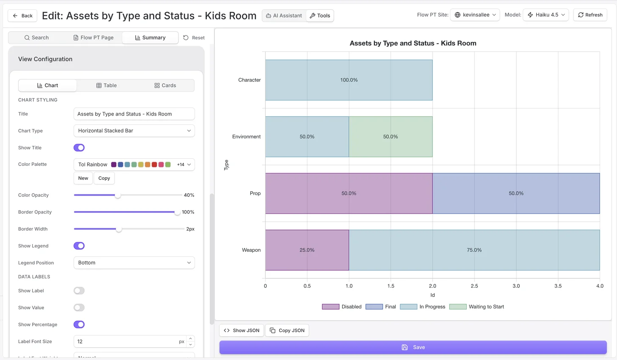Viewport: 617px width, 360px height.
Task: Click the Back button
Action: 22,16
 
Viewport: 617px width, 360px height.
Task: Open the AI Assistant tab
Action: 284,16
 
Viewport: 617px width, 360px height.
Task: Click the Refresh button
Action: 590,15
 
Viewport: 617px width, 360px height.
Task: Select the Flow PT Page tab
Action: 93,38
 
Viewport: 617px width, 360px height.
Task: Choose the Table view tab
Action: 106,85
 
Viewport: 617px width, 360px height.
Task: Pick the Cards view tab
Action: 165,85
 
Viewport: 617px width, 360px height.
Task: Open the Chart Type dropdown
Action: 134,131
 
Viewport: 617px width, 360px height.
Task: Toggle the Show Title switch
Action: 79,148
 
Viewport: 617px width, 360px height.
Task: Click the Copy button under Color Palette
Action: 104,178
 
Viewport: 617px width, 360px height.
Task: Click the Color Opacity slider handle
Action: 118,195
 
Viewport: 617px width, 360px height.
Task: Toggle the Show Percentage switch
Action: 79,324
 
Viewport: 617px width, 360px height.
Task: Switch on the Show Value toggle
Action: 79,308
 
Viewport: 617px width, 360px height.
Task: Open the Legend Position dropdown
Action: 134,263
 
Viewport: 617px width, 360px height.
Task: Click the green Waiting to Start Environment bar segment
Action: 390,137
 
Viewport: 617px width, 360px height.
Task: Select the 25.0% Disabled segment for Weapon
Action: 307,250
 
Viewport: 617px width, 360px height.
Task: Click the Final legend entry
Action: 381,307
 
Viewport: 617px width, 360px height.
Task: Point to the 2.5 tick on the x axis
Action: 474,286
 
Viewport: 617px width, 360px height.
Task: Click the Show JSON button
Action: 241,330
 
